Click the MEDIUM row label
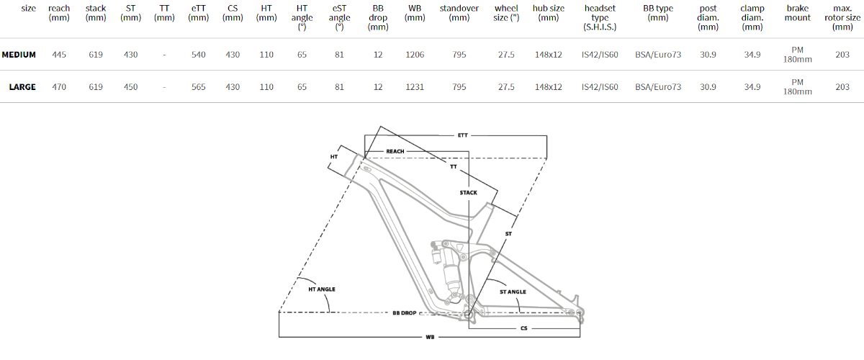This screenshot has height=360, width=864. [19, 55]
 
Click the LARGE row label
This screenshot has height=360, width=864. [22, 87]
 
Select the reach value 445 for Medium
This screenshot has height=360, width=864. [59, 55]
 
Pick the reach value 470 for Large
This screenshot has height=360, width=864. [59, 87]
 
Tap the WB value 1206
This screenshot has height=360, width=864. [415, 55]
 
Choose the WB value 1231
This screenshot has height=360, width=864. [415, 87]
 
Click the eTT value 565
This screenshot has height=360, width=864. [198, 87]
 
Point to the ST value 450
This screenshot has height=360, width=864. [130, 87]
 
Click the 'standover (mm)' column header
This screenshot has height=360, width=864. [459, 13]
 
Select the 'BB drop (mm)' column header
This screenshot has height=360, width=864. [378, 17]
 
